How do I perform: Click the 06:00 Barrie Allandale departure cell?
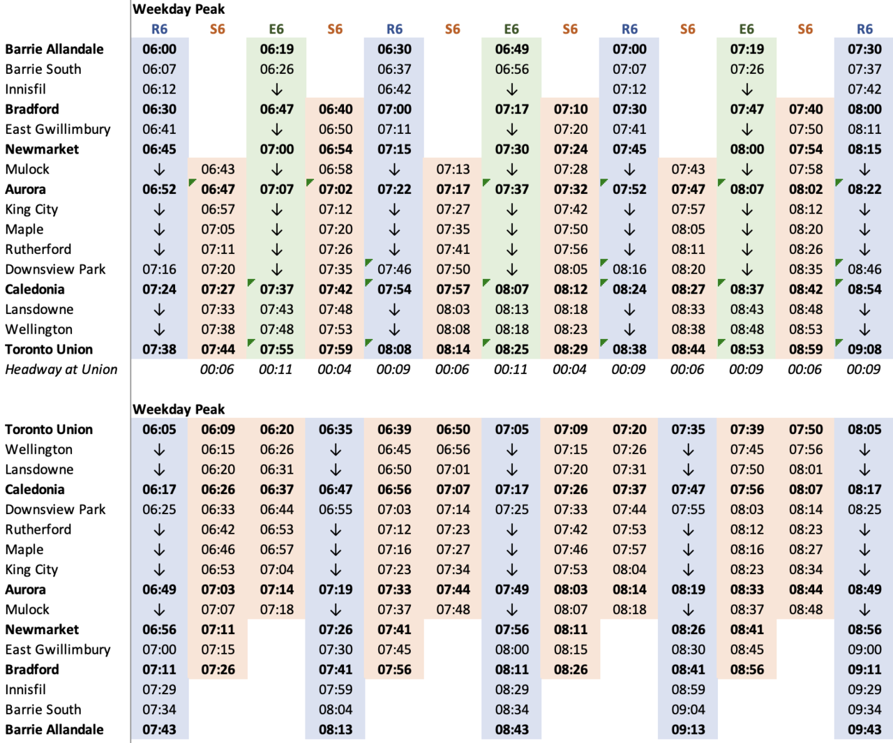pos(159,49)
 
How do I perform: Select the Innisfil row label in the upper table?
pos(25,89)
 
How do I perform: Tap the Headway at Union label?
pos(61,369)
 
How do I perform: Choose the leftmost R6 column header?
pos(159,29)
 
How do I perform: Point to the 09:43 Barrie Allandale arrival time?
pos(864,729)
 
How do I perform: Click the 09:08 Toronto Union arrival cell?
pos(864,349)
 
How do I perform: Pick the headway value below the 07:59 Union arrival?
pos(334,369)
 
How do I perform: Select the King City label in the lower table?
pos(31,569)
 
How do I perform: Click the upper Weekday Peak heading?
pos(179,9)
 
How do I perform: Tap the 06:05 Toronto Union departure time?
pos(159,429)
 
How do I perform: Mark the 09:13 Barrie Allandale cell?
pos(688,729)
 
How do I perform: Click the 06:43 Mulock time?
pos(218,169)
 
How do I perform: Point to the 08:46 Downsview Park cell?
pos(864,269)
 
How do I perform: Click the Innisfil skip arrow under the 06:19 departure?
pos(277,89)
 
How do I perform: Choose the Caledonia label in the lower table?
pos(35,489)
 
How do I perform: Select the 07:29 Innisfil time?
pos(159,689)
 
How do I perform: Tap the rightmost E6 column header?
pos(746,29)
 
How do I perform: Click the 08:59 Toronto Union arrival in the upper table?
pos(806,349)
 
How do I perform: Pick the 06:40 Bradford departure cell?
pos(336,109)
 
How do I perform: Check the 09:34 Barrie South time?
pos(864,710)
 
